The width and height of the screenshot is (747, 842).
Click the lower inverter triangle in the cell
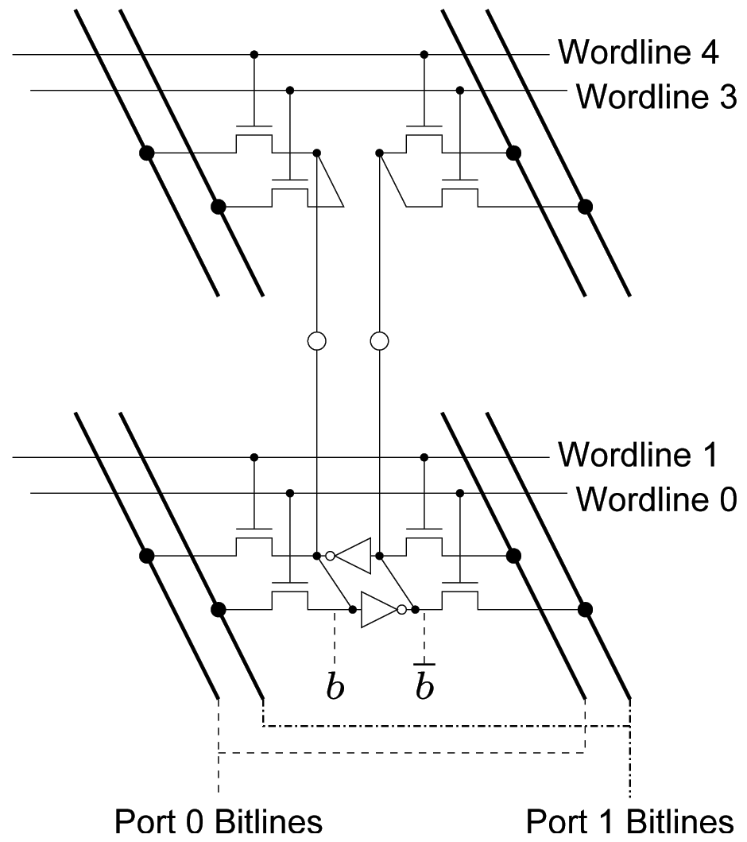coord(379,610)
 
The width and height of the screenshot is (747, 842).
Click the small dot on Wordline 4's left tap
coord(254,55)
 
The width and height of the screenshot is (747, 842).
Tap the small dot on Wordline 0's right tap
coord(459,494)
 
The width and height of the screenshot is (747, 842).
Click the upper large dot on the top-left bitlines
coord(146,152)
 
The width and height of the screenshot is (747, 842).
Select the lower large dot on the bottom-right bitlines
coord(586,610)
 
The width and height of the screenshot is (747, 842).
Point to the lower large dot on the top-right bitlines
coord(586,208)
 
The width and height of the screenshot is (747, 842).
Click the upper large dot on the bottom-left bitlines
coord(146,554)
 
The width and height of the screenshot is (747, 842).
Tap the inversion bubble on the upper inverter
coord(329,554)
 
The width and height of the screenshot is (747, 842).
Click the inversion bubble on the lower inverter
coord(402,610)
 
